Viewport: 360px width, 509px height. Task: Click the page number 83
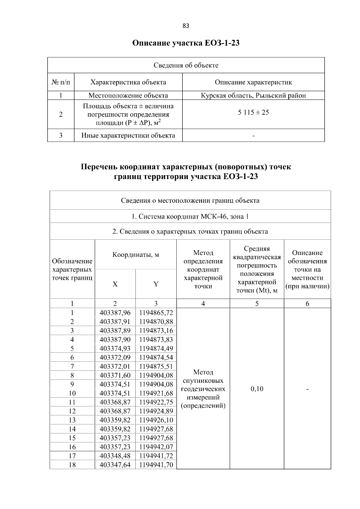coord(186,26)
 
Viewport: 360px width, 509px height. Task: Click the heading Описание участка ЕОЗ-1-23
coord(186,43)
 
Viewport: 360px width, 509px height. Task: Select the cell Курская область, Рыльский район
coord(253,96)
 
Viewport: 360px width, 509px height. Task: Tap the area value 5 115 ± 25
coord(253,112)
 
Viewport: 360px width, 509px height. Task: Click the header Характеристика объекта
coord(128,82)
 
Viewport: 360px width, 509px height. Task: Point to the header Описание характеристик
coord(253,82)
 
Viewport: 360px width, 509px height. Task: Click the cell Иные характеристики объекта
coord(128,135)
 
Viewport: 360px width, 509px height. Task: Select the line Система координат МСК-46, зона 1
coord(190,217)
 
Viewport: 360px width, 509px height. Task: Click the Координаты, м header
coord(136,255)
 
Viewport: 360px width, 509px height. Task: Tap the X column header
coord(115,284)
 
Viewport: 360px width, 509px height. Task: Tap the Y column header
coord(156,284)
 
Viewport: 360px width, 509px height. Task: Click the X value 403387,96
coord(115,313)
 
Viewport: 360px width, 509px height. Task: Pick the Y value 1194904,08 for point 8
coord(156,375)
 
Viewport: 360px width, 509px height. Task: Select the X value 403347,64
coord(115,465)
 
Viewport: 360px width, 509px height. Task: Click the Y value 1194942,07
coord(156,447)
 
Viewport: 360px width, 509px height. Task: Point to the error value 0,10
coord(257,389)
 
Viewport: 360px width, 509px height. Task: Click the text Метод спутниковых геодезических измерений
coord(203,389)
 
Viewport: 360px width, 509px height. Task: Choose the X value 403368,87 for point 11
coord(115,402)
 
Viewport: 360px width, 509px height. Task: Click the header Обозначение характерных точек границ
coord(72,269)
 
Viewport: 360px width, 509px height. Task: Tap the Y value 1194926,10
coord(156,420)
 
